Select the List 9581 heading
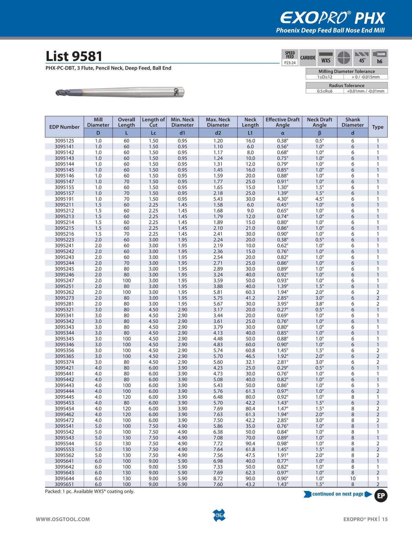pyautogui.click(x=74, y=57)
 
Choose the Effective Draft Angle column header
pyautogui.click(x=283, y=122)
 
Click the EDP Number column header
pyautogui.click(x=64, y=127)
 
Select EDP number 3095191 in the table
pyautogui.click(x=64, y=199)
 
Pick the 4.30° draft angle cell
pyautogui.click(x=283, y=199)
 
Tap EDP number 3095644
pyautogui.click(x=64, y=478)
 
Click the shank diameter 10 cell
pyautogui.click(x=353, y=478)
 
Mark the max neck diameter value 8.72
pyautogui.click(x=218, y=478)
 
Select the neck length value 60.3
pyautogui.click(x=250, y=292)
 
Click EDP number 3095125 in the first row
pyautogui.click(x=64, y=141)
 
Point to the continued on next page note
pyautogui.click(x=337, y=494)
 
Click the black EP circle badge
pyautogui.click(x=380, y=495)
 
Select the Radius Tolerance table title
pyautogui.click(x=346, y=86)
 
